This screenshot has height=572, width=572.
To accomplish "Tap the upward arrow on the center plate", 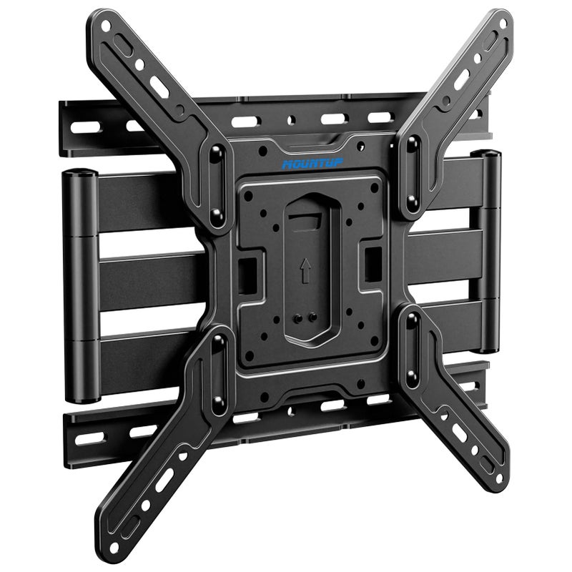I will (x=305, y=270).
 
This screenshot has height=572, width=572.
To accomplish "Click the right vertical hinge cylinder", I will (x=490, y=250).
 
